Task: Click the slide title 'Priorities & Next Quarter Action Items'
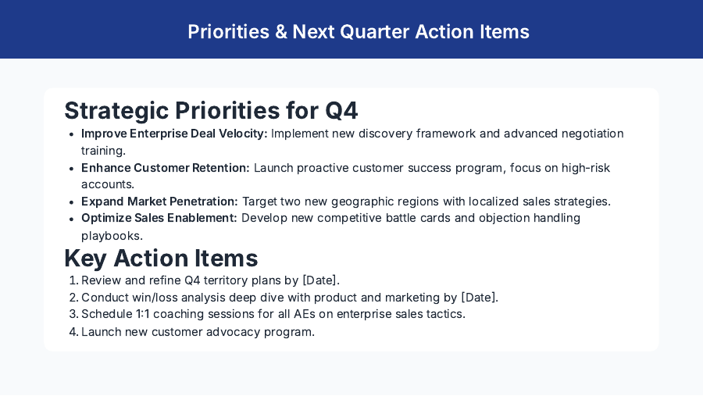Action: pos(359,32)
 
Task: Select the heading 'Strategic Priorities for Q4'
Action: pos(211,111)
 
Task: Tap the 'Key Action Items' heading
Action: pos(161,258)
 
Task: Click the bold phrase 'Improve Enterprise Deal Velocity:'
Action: pos(174,134)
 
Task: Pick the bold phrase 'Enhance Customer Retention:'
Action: pos(166,168)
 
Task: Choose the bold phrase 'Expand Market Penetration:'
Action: pos(159,202)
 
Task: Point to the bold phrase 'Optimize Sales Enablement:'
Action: pos(159,218)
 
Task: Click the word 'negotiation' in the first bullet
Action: pos(591,134)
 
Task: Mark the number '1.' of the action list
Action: pos(73,280)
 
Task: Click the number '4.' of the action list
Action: pos(73,332)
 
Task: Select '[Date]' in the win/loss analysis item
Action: pos(478,298)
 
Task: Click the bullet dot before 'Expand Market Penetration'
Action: pos(73,202)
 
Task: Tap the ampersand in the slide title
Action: pos(277,32)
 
